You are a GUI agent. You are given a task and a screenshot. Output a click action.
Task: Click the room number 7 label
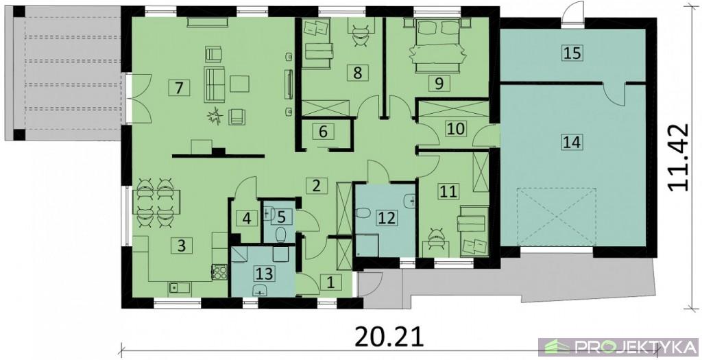[179, 87]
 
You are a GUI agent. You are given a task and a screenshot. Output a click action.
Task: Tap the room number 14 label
[572, 143]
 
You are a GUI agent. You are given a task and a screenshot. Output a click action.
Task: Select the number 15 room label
[572, 53]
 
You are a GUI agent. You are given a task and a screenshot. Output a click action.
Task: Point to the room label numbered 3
[181, 245]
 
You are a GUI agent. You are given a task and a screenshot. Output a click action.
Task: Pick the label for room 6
[324, 132]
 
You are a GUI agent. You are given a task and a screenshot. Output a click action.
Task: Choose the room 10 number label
[456, 128]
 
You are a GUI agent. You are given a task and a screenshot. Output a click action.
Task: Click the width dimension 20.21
[389, 337]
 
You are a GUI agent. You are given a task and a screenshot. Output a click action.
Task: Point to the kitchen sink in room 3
[180, 289]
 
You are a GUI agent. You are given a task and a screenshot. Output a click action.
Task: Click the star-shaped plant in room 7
[216, 117]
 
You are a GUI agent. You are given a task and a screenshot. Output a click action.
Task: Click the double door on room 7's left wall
[140, 99]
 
